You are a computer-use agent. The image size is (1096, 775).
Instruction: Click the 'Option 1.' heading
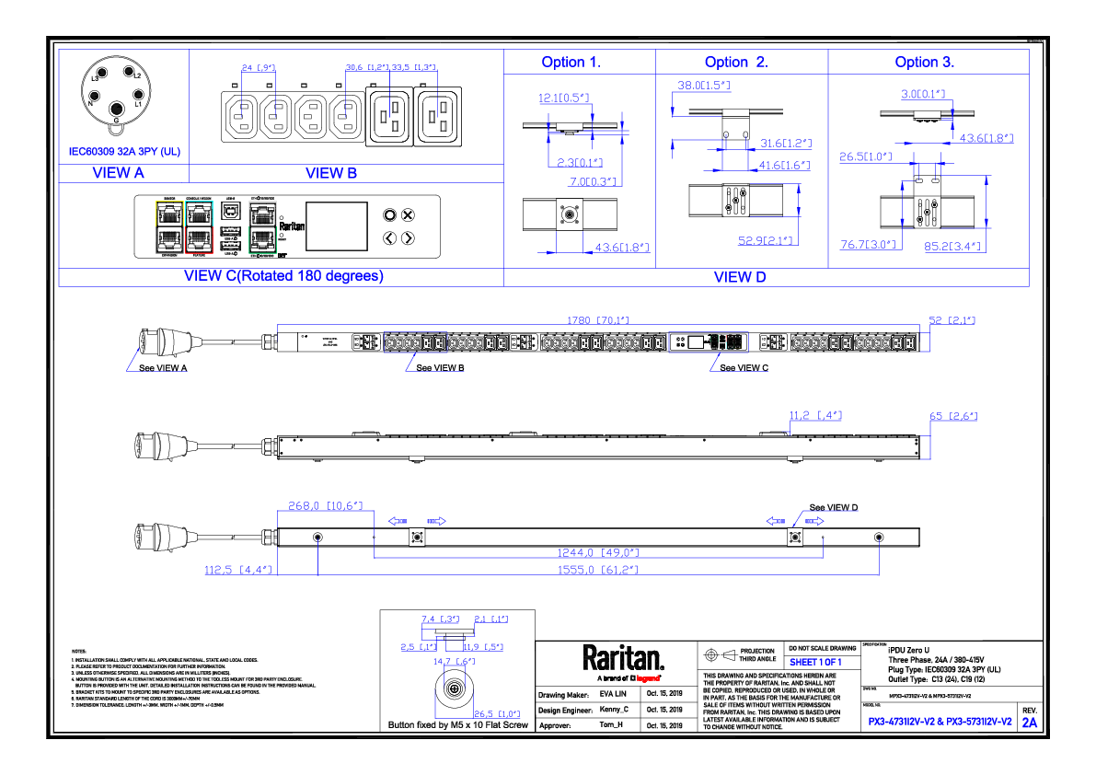click(571, 63)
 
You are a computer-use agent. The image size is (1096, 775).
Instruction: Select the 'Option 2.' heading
click(735, 63)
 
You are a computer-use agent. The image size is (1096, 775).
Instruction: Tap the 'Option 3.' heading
click(925, 63)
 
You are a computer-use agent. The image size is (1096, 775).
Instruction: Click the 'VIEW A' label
click(119, 173)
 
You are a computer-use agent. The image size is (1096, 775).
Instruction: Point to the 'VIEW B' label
click(331, 173)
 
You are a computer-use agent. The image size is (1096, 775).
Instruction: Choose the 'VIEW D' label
click(740, 277)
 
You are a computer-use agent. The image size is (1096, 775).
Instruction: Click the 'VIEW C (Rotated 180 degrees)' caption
click(283, 276)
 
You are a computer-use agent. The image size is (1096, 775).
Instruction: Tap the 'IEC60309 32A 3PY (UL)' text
click(124, 152)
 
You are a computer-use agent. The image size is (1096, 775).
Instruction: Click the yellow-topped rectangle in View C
click(169, 226)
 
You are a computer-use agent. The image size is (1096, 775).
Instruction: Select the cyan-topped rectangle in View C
click(199, 226)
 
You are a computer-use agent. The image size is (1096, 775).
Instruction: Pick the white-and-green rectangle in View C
click(262, 226)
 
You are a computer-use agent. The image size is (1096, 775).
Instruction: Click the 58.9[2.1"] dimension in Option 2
click(766, 241)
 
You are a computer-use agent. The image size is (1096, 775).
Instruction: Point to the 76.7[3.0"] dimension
click(868, 245)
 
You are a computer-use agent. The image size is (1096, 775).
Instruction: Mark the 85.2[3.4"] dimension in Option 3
click(953, 246)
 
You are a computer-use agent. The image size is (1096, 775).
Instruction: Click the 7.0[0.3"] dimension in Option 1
click(593, 182)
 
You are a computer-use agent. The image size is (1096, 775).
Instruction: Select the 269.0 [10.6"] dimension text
click(325, 505)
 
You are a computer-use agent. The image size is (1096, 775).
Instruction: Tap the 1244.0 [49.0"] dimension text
click(597, 553)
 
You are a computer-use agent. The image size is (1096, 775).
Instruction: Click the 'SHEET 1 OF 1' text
click(815, 662)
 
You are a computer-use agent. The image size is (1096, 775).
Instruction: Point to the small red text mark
click(648, 678)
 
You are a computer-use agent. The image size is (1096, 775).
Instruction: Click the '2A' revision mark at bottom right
click(1030, 723)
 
